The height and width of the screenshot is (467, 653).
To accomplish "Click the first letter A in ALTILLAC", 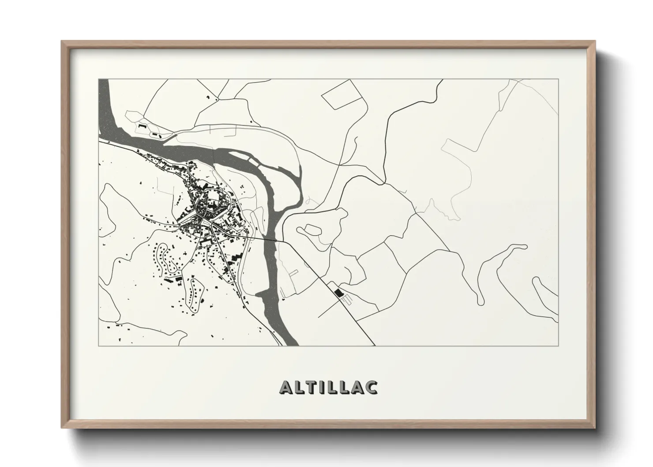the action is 285,387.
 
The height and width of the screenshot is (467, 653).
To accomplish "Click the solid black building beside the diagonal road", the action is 338,293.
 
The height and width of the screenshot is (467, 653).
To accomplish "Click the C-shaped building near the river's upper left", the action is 143,126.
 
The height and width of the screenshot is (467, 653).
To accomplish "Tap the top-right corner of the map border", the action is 559,79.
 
